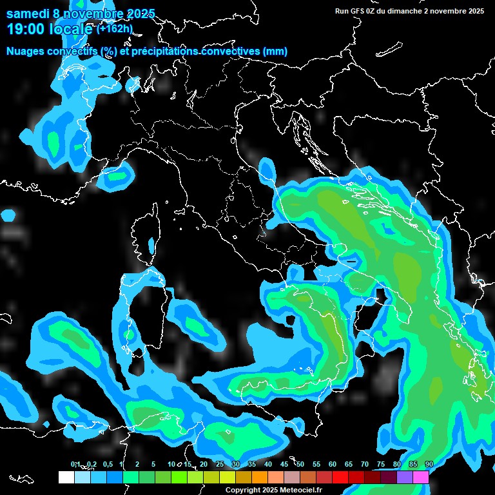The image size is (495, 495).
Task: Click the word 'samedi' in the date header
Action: pos(26,14)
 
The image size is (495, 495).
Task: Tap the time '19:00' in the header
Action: pos(25,29)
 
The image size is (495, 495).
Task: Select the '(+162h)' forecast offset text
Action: pos(114,28)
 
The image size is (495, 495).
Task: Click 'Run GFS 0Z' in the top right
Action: pos(358,11)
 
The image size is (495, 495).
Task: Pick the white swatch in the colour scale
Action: pos(66,477)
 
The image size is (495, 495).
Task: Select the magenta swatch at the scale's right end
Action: pos(421,477)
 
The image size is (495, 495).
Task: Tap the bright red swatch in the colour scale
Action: pos(340,477)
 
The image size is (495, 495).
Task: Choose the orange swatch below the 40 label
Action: pos(260,477)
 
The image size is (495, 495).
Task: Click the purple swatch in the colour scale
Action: pos(405,477)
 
